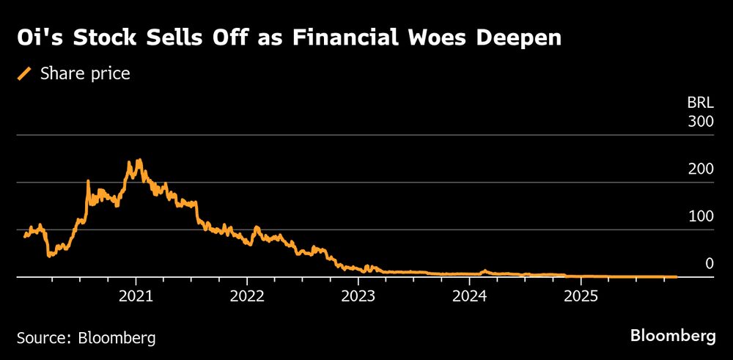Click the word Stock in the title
coord(97,39)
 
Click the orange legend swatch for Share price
coord(25,73)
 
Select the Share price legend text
coord(86,73)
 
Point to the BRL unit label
coord(700,103)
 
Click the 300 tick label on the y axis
coord(700,122)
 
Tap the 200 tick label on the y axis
coord(700,169)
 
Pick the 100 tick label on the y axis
coord(700,216)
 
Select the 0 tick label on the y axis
coord(708,263)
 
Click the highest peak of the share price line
coord(139,160)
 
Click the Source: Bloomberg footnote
coord(86,338)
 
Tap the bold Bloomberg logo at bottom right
coord(673,337)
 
